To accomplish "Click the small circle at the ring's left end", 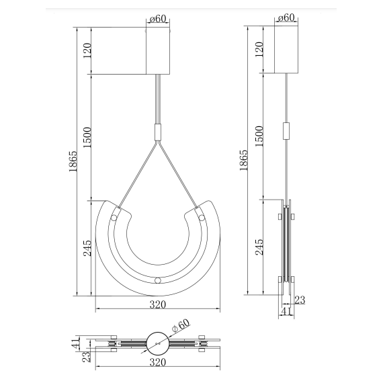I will (115, 218).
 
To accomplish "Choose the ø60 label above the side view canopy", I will (286, 19).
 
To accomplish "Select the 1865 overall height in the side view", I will (243, 162).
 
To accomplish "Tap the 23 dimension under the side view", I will (300, 300).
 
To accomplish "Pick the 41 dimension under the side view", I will (286, 311).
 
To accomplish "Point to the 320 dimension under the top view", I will (157, 363).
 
